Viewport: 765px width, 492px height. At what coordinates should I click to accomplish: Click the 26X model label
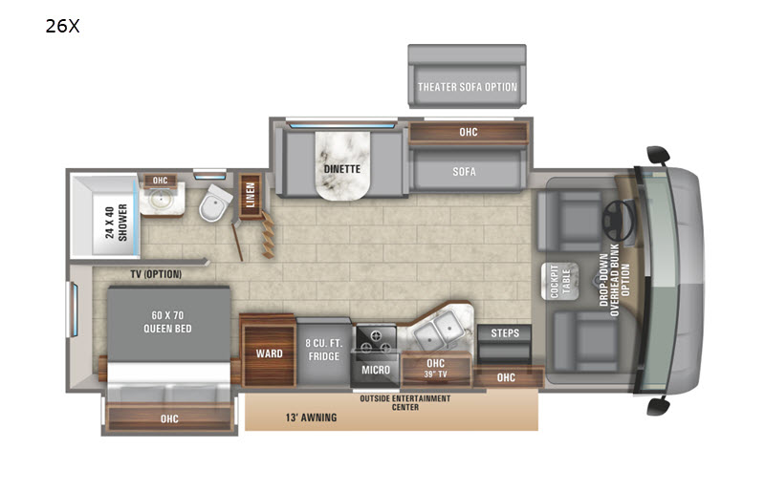(62, 26)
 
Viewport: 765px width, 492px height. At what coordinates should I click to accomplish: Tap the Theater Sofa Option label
(467, 87)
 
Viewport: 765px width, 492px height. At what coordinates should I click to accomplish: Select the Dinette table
(342, 165)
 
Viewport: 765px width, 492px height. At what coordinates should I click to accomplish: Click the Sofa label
(464, 172)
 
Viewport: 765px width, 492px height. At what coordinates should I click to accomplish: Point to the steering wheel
(618, 221)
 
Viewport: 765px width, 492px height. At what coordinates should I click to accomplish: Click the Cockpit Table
(560, 282)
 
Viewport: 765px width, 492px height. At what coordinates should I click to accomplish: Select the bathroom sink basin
(159, 199)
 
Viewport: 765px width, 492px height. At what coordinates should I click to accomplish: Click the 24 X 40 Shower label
(116, 223)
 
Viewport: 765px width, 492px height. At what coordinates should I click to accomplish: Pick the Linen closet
(251, 196)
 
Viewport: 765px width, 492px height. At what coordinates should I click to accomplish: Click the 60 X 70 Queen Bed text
(167, 322)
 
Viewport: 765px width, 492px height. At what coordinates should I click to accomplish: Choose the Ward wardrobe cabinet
(269, 353)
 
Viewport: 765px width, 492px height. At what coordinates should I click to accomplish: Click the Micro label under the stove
(376, 370)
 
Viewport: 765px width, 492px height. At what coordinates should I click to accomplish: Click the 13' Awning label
(312, 417)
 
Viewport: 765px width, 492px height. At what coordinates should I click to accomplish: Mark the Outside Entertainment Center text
(404, 402)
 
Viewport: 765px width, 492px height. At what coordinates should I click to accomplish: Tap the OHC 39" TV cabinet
(436, 369)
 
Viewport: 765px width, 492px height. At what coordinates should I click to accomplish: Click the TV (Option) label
(156, 274)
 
